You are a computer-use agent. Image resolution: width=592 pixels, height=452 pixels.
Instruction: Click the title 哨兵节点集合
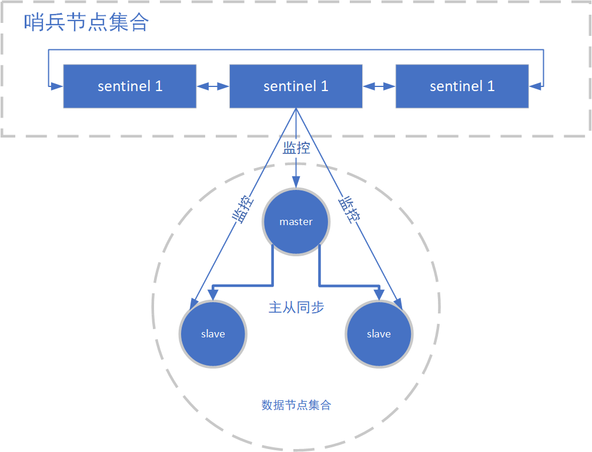tap(86, 23)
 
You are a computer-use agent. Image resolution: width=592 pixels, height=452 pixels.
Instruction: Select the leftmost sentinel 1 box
tap(130, 86)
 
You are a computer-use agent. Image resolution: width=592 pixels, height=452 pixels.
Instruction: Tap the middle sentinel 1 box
tap(296, 86)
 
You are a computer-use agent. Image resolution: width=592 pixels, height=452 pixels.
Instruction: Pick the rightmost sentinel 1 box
tap(462, 86)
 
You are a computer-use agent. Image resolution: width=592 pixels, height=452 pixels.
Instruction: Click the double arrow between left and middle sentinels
tap(212, 86)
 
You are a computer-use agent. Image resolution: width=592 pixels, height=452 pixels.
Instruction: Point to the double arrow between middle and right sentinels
tap(379, 86)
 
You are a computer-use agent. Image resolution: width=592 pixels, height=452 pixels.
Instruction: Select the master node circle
tap(296, 222)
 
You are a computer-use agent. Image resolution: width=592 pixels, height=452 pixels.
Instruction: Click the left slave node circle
tap(213, 334)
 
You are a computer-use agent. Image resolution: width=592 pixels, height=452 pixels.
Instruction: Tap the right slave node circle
tap(379, 334)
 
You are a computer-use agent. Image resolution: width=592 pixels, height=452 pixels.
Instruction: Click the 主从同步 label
tap(296, 307)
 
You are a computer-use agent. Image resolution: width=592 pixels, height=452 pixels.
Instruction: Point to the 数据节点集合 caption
tap(296, 405)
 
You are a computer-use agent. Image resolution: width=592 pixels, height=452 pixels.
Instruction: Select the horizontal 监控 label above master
tap(296, 148)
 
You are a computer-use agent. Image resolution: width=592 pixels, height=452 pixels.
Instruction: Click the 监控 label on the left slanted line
tap(243, 209)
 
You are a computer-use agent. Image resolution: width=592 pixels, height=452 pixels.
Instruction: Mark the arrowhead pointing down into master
tap(296, 183)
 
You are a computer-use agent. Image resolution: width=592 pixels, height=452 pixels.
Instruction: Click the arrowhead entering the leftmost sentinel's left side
tap(57, 86)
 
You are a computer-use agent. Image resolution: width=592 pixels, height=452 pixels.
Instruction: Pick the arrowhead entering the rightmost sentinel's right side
tap(535, 86)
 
